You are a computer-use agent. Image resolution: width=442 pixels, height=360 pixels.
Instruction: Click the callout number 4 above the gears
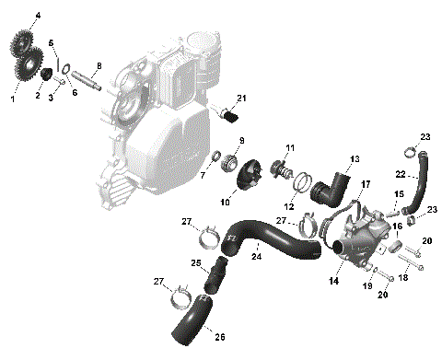click(38, 16)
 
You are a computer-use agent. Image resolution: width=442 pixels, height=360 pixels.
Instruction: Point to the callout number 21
click(242, 99)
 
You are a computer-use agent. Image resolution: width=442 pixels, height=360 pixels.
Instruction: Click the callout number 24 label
click(256, 256)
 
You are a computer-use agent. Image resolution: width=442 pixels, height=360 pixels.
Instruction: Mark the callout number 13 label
click(355, 158)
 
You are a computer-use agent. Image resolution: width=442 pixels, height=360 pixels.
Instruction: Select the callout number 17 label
click(365, 183)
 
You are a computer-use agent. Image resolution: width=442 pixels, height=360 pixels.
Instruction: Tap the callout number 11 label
click(289, 148)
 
